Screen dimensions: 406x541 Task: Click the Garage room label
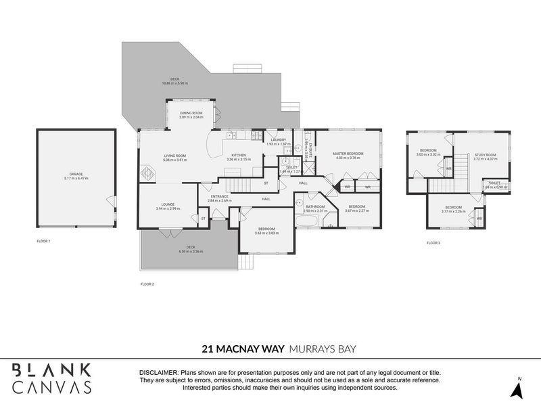76,174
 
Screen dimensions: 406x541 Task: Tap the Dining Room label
191,113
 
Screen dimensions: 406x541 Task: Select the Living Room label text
174,156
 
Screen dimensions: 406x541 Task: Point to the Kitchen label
239,156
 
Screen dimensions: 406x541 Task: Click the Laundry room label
278,139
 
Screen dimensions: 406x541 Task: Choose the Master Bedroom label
348,154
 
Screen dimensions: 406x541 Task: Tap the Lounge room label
168,204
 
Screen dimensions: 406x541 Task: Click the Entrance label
219,196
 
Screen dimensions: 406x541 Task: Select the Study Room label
485,155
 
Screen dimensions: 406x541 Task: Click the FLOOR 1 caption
44,241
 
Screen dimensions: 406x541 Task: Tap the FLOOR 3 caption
433,242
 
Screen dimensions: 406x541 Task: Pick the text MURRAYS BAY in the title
323,350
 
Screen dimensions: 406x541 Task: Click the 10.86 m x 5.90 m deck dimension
174,83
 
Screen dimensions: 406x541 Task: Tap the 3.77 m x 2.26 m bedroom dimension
453,211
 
